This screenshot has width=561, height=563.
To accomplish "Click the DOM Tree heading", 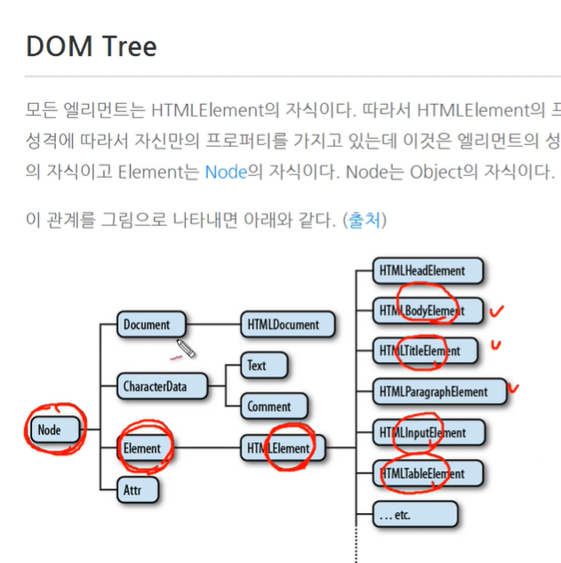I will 92,45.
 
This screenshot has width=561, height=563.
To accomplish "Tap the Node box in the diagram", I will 55,430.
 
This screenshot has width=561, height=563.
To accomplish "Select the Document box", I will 152,325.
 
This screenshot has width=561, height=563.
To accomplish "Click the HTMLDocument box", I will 287,325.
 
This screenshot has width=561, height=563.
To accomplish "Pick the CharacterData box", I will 162,386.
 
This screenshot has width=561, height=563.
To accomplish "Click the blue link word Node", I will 225,171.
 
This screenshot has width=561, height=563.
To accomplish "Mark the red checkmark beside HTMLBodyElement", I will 498,310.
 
